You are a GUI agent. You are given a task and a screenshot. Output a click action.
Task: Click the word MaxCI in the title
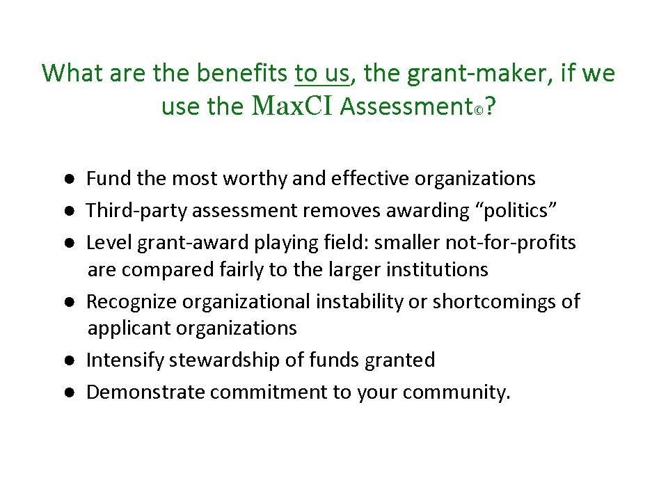point(292,105)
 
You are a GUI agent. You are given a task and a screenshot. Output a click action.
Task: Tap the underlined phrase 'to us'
point(321,73)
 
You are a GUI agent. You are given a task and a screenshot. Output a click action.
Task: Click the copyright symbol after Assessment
point(479,111)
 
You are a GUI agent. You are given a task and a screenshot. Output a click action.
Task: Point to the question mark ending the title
point(490,106)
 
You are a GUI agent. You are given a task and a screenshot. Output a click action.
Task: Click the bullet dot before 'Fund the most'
point(70,179)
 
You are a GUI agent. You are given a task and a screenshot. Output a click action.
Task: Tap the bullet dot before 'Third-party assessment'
point(70,210)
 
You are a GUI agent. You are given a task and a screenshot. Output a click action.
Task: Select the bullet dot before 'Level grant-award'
point(70,243)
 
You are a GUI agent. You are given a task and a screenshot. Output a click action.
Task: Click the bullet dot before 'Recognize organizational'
point(70,302)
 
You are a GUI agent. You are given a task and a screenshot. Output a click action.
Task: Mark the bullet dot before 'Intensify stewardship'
point(70,360)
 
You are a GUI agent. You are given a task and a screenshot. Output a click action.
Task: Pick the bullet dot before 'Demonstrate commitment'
point(70,392)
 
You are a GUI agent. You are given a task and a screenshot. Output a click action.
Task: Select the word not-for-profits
point(510,243)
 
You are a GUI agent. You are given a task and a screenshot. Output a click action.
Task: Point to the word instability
point(359,301)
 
